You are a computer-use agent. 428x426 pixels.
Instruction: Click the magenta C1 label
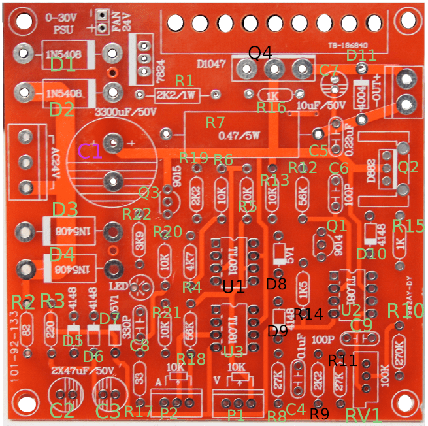(90, 152)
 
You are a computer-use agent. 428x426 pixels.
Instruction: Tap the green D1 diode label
(63, 65)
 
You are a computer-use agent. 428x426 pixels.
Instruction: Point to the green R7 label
(215, 122)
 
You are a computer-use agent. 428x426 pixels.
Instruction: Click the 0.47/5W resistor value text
(240, 136)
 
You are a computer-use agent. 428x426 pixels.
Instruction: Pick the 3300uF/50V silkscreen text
(126, 112)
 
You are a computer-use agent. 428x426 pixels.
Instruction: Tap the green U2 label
(351, 308)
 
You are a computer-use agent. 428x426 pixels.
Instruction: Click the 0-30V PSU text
(63, 24)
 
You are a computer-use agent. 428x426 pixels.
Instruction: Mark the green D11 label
(361, 54)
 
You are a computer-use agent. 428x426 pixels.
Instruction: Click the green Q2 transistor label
(408, 167)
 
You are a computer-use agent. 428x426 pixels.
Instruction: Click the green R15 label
(408, 226)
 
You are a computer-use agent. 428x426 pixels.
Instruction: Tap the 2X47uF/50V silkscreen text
(81, 371)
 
